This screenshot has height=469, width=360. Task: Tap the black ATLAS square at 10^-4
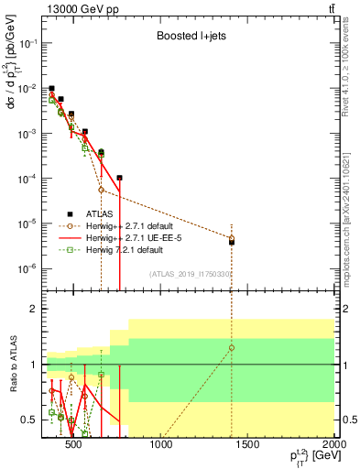point(119,178)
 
